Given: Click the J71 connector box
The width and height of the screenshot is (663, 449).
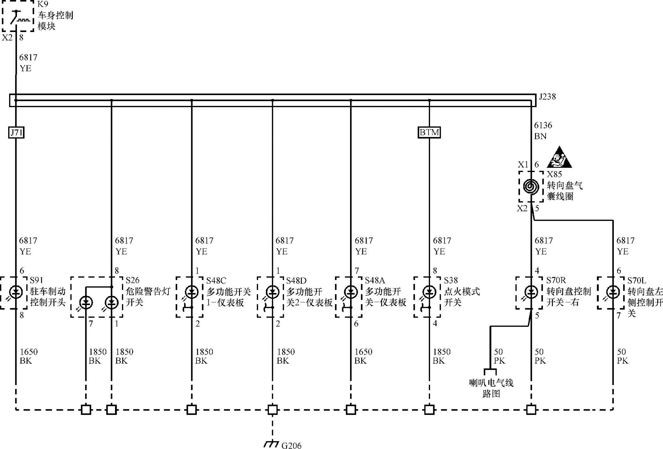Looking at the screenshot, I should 16,133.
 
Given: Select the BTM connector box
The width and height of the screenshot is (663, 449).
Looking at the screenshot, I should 429,133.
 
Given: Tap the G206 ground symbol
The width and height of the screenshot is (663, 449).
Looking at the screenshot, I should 271,444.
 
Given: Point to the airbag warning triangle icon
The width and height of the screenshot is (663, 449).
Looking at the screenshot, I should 559,158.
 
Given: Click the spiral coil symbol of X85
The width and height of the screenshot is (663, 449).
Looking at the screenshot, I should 531,186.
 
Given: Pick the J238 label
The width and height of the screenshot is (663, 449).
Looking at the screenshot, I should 547,97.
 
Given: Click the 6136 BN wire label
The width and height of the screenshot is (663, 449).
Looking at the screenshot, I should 543,130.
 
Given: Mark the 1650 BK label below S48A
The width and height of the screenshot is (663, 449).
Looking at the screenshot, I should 363,356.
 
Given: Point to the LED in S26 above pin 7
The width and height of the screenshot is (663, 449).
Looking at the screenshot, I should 86,303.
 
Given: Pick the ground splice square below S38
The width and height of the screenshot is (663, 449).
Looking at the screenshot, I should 429,410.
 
